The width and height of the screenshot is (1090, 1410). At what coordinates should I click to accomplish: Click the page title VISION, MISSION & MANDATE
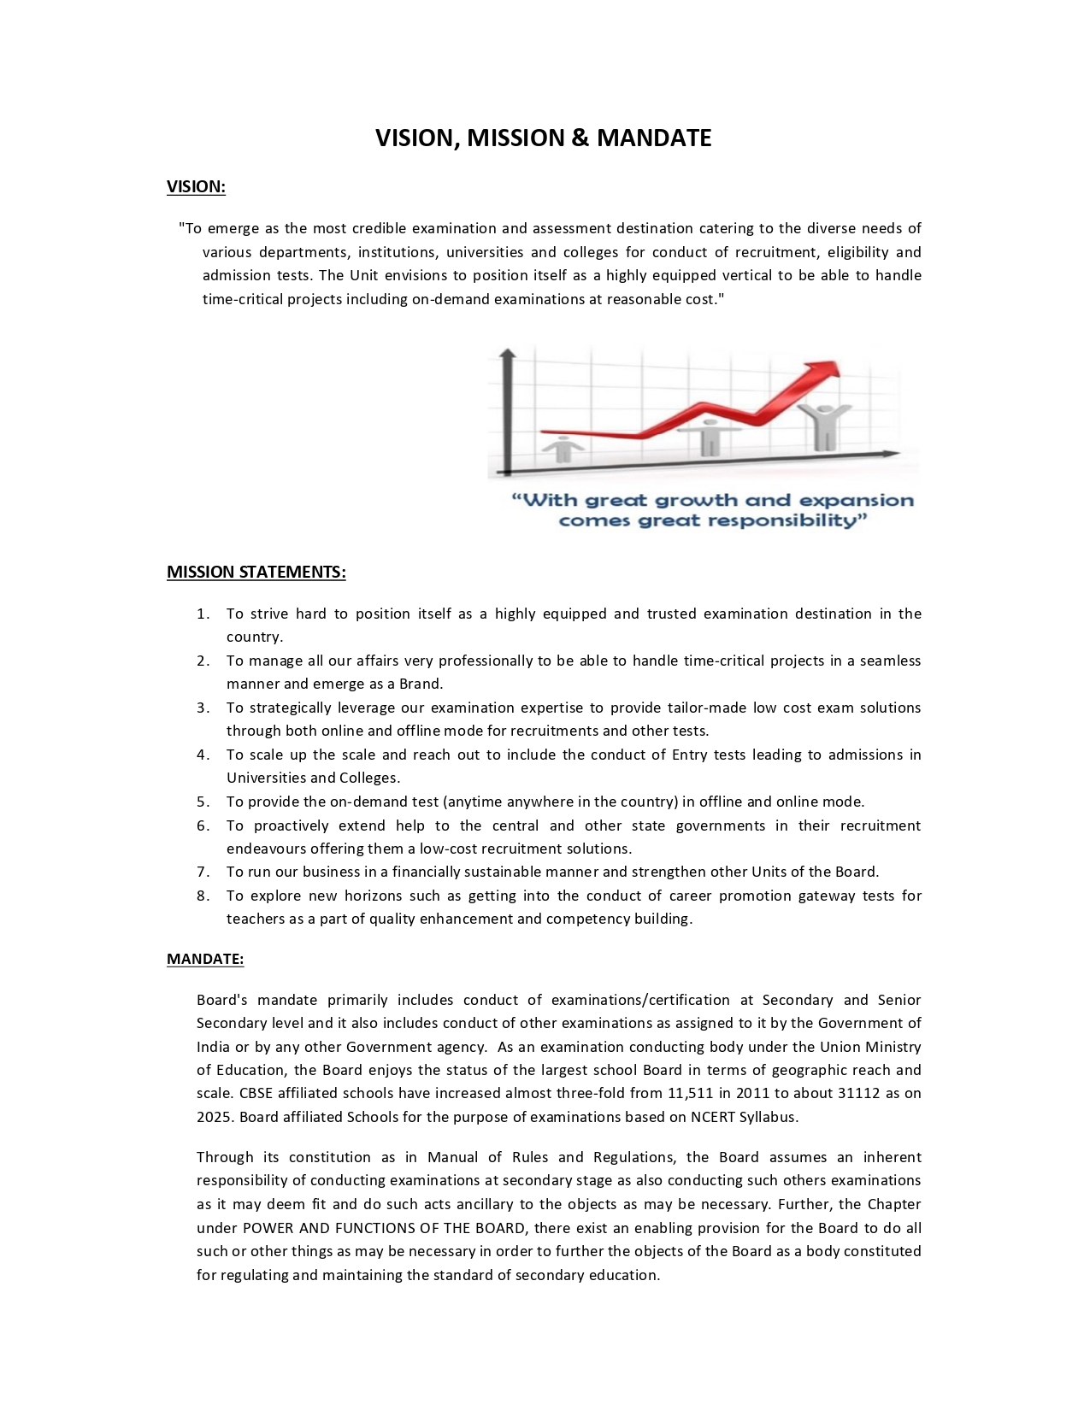[543, 138]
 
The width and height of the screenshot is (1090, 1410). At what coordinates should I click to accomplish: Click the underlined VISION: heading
[196, 186]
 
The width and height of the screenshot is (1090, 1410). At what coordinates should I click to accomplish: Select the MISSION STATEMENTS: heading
[256, 572]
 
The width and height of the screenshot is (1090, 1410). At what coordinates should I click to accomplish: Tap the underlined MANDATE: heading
[205, 959]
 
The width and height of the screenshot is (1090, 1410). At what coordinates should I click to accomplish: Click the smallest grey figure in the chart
[562, 448]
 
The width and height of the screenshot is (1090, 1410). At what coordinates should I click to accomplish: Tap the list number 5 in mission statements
[203, 802]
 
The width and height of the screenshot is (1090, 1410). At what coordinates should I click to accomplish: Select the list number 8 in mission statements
[203, 896]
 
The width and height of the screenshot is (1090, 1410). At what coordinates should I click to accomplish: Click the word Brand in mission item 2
[420, 684]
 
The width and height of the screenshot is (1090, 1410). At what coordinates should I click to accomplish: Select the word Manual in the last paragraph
[452, 1157]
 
